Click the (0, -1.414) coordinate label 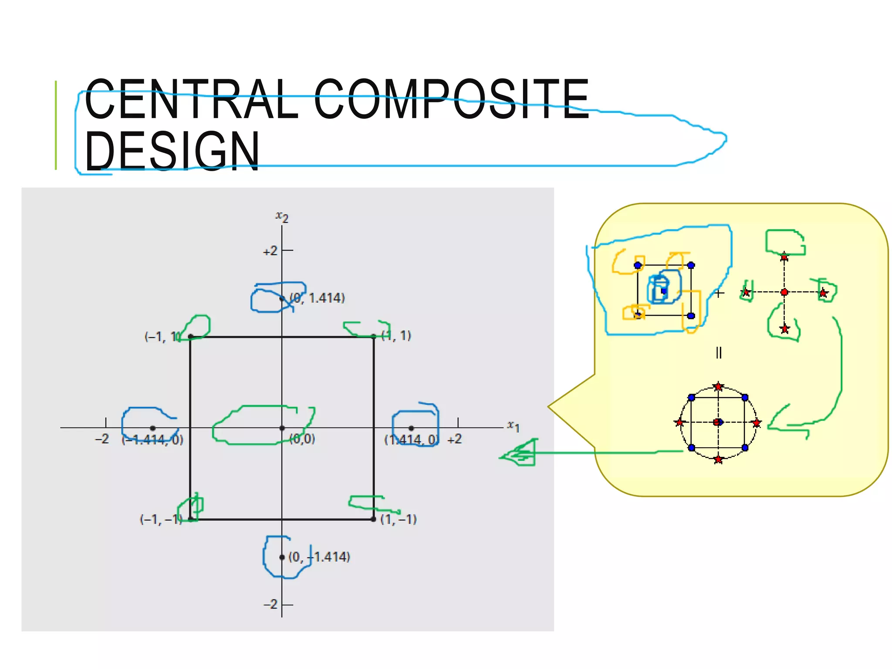(319, 557)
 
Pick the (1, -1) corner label (399, 519)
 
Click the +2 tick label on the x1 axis (454, 439)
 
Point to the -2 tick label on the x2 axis (270, 605)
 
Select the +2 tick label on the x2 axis (270, 251)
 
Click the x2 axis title (282, 216)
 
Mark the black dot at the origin (282, 428)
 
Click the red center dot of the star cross (784, 292)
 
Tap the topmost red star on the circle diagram (718, 387)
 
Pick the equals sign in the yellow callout (719, 352)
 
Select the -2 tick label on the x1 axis (102, 439)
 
